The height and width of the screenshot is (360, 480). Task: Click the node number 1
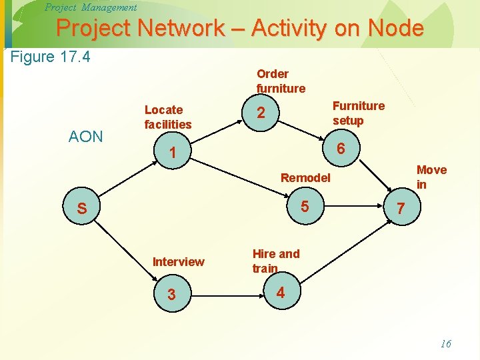point(172,153)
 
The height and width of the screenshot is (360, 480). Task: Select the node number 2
point(261,114)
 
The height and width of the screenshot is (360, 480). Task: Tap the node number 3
point(171,294)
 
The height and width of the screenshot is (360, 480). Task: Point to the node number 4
point(280,292)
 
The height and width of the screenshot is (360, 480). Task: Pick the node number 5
point(305,206)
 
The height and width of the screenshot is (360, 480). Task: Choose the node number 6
point(341,149)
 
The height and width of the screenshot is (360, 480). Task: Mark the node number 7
point(400,209)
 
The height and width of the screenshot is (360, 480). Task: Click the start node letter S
point(81,209)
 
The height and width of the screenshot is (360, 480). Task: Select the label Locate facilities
point(168,117)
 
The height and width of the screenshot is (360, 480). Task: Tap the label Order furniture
point(281,81)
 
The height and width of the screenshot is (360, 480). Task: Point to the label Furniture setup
point(358,113)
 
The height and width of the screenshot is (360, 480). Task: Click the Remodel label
point(305,177)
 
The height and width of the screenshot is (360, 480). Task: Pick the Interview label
point(179,261)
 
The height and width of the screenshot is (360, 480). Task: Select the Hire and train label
point(275,261)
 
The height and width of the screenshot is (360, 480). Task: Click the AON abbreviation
point(86,137)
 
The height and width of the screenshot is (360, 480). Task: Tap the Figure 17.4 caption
point(51,57)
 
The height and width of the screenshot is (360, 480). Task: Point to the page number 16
point(445,344)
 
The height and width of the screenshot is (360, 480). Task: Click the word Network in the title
point(188,28)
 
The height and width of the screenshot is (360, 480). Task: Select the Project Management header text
point(90,7)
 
